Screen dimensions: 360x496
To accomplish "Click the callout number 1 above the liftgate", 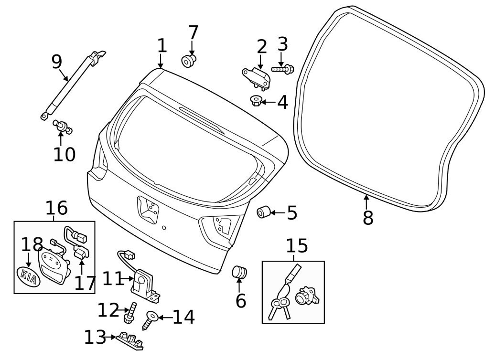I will pos(162,46).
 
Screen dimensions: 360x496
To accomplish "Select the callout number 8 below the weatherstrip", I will pos(367,218).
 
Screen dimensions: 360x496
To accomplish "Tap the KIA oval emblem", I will pos(28,276).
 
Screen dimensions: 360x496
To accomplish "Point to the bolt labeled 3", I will pos(283,69).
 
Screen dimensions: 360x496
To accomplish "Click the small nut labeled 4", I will pos(256,101).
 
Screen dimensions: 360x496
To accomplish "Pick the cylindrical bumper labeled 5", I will pos(264,212).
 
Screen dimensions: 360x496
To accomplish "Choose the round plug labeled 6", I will pos(239,273).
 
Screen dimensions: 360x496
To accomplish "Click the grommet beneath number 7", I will pos(189,61).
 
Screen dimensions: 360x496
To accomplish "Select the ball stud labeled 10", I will pos(62,126).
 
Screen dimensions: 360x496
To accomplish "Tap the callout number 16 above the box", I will pos(56,208).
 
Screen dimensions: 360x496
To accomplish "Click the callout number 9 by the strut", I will pos(56,61).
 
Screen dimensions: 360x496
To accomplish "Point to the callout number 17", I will pos(84,283).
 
